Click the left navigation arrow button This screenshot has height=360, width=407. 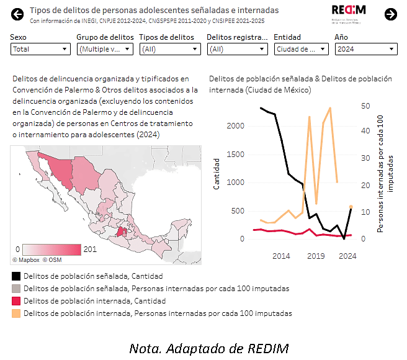(17, 14)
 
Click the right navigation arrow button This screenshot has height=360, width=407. (391, 14)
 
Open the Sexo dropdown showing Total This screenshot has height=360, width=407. (40, 49)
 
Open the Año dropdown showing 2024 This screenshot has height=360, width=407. (365, 49)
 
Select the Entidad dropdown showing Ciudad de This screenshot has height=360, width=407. (301, 49)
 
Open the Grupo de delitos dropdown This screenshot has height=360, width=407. (104, 49)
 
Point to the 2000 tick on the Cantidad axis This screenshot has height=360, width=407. (236, 126)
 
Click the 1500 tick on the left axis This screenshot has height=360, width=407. (236, 155)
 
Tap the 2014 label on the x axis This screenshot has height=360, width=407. (281, 256)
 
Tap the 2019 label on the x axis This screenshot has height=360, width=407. (316, 256)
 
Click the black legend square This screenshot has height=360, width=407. (16, 276)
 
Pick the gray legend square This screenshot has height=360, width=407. (16, 289)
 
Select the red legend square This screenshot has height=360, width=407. (16, 301)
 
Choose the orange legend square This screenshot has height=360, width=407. (16, 313)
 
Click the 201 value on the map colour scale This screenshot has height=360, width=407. (90, 249)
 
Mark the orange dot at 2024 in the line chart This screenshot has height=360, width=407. (351, 207)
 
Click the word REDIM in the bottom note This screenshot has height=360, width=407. (267, 348)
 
